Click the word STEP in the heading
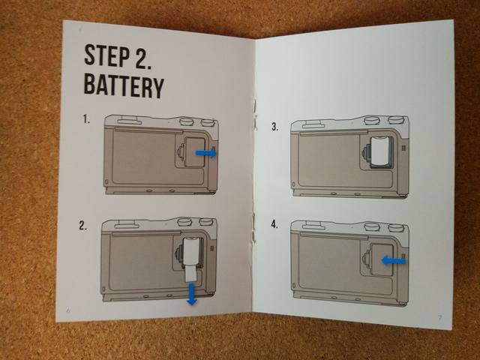[x=106, y=55]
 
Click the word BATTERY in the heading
[x=124, y=87]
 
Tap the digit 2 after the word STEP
[x=142, y=57]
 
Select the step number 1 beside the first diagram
[x=87, y=119]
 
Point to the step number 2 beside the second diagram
[x=82, y=225]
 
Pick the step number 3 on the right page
[x=275, y=127]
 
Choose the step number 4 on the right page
[x=274, y=224]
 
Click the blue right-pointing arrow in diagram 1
[x=206, y=153]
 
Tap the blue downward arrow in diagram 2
[x=192, y=294]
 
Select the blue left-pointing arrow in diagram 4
[x=393, y=260]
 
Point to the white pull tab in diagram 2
[x=191, y=273]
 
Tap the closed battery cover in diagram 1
[x=193, y=152]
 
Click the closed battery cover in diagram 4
[x=382, y=260]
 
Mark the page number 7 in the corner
[x=440, y=317]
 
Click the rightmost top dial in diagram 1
[x=208, y=122]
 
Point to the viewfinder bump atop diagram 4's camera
[x=313, y=226]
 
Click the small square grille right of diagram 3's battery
[x=403, y=148]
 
